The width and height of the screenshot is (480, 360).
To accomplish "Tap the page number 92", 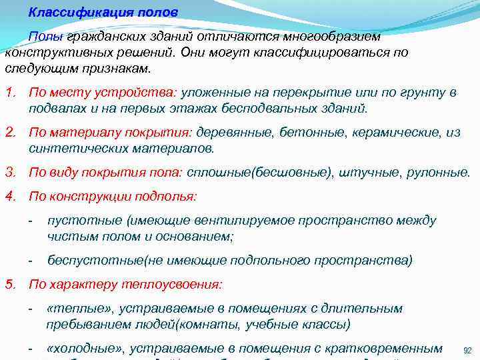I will [467, 349].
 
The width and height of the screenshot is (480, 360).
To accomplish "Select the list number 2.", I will [9, 133].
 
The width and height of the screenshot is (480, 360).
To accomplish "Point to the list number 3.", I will [9, 173].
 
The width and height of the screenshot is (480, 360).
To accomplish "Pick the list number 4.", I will [9, 197].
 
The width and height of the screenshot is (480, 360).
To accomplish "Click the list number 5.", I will [9, 284].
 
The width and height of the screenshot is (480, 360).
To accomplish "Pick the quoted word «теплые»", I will [76, 309].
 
